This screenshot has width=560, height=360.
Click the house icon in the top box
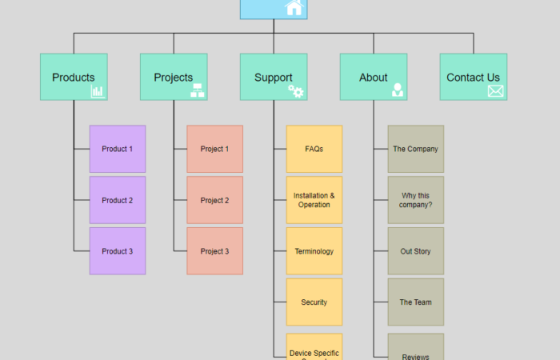pyautogui.click(x=294, y=7)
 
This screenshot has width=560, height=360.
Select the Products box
pyautogui.click(x=74, y=77)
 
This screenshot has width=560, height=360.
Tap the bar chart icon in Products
pyautogui.click(x=98, y=91)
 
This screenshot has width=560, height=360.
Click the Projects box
pyautogui.click(x=174, y=77)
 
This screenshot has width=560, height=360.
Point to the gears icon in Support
pyautogui.click(x=297, y=91)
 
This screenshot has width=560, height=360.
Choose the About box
pyautogui.click(x=373, y=77)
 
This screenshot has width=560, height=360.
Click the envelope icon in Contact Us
pyautogui.click(x=496, y=91)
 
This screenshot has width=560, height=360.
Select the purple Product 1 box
pyautogui.click(x=118, y=149)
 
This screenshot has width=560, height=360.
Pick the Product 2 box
pyautogui.click(x=118, y=200)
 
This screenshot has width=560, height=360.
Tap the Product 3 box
pyautogui.click(x=118, y=251)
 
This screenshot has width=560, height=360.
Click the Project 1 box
pyautogui.click(x=214, y=149)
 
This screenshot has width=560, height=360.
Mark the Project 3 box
pyautogui.click(x=214, y=251)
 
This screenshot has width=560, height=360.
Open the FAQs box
pyautogui.click(x=314, y=149)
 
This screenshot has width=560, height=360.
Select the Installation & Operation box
pyautogui.click(x=314, y=200)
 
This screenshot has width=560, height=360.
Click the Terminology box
pyautogui.click(x=314, y=251)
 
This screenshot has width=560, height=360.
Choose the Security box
pyautogui.click(x=314, y=302)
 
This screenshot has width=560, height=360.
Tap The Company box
pyautogui.click(x=415, y=149)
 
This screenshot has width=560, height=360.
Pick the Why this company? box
pyautogui.click(x=415, y=200)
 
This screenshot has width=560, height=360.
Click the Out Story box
pyautogui.click(x=415, y=251)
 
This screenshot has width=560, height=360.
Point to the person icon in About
pyautogui.click(x=398, y=90)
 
